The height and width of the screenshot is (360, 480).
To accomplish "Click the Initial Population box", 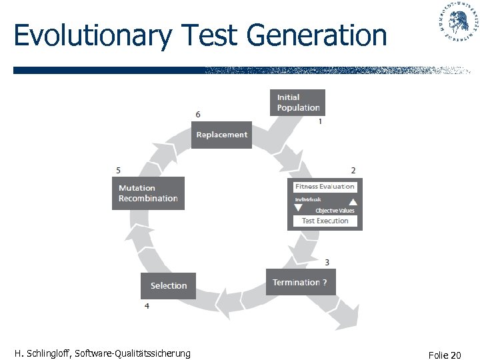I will (297, 103).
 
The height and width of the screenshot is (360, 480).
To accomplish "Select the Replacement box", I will (222, 135).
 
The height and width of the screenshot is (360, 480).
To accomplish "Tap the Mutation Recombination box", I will (148, 193).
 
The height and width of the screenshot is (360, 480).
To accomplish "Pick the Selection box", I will (168, 285).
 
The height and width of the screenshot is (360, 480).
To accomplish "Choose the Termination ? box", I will (300, 282).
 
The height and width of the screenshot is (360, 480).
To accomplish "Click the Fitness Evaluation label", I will (325, 187).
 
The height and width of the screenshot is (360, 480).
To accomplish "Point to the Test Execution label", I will (325, 221).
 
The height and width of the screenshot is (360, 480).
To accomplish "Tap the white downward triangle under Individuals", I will (298, 207).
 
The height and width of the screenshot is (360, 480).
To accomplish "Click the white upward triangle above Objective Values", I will (353, 203).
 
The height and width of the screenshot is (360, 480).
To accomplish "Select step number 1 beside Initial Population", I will (321, 121).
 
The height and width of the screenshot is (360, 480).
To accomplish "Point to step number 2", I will (353, 171).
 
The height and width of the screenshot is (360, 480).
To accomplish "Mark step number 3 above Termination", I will (327, 262).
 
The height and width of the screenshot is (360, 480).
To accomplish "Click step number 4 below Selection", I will (147, 305).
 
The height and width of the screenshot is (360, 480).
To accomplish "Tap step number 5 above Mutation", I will (118, 171).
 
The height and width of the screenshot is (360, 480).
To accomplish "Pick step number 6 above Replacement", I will (198, 115).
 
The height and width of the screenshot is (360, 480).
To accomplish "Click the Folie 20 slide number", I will (446, 355).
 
